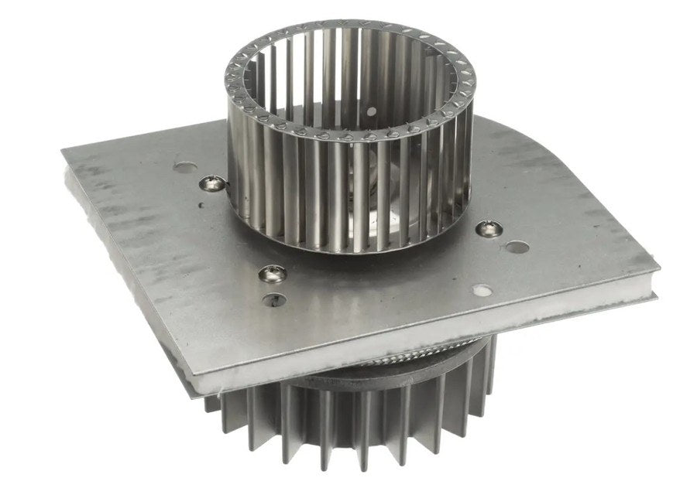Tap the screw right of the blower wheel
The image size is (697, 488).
pos(487,227)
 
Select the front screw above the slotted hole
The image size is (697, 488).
pos(272,272)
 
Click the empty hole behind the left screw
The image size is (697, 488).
pos(184,166)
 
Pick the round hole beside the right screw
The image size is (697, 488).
pos(517,247)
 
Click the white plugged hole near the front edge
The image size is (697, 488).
pos(482,292)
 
